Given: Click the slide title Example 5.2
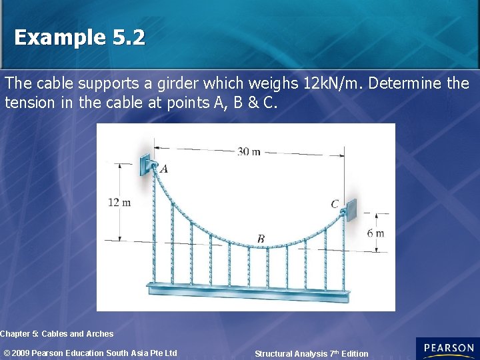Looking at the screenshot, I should click(79, 37).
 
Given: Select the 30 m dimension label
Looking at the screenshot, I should click(249, 151).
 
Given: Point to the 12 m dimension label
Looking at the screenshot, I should click(119, 202).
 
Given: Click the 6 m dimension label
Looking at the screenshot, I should click(375, 233).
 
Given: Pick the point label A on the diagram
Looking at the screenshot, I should click(164, 169).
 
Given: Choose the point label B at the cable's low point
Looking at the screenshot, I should click(261, 239).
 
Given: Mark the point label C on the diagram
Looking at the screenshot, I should click(335, 204).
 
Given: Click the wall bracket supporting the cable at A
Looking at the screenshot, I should click(146, 164).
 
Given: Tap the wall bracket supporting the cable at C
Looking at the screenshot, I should click(350, 209).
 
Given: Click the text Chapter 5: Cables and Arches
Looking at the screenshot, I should click(57, 334).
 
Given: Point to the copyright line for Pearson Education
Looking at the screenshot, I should click(91, 353).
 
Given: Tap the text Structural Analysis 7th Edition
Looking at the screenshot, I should click(311, 354).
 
